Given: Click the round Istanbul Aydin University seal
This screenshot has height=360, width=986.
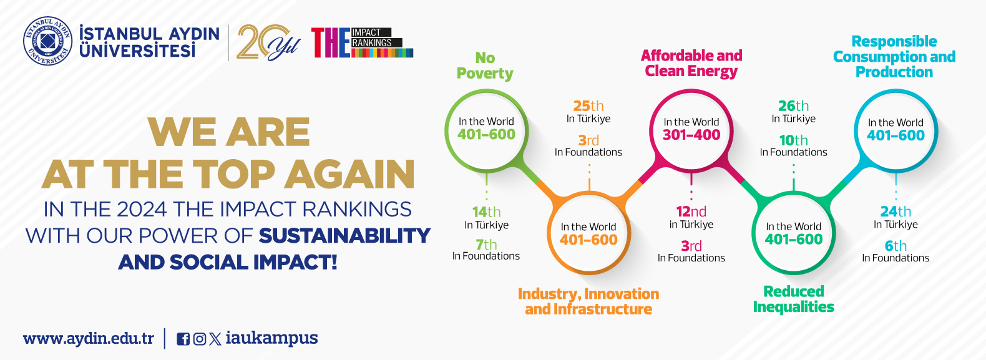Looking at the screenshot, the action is (47, 41).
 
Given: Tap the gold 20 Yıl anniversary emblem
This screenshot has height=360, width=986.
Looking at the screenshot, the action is (268, 42).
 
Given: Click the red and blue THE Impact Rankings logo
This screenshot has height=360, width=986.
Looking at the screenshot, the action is (362, 42).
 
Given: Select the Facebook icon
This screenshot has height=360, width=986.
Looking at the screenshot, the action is (183, 339).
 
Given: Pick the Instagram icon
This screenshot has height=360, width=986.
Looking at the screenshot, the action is (200, 339).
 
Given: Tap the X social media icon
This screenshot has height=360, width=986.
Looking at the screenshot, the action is (215, 339).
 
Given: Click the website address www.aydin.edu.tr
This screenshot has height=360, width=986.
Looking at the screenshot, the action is (89, 338).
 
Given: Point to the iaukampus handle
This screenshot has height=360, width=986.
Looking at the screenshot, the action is (271, 338).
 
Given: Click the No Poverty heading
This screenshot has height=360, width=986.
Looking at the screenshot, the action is (485, 66).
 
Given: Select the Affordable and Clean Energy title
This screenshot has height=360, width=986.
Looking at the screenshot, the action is (691, 64).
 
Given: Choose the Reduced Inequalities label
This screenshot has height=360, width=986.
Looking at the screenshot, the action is (793, 299).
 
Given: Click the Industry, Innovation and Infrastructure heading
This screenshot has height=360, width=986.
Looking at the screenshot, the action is (588, 301).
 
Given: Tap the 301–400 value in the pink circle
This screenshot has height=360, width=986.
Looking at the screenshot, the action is (691, 135).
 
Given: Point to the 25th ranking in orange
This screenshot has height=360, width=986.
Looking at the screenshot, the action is (588, 106).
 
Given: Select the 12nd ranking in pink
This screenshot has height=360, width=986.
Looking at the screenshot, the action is (691, 212).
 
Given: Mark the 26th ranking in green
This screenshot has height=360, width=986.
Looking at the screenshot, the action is (793, 106).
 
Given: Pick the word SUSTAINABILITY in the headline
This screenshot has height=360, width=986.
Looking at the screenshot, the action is (344, 236).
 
